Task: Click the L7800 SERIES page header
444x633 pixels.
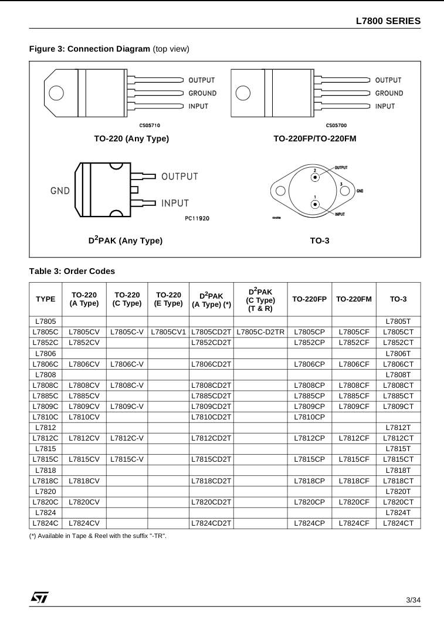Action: [388, 21]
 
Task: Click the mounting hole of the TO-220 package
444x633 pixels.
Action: [56, 93]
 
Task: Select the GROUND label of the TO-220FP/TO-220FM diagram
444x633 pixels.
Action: [389, 93]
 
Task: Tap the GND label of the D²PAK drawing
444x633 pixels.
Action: [60, 191]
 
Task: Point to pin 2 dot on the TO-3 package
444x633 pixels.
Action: [316, 177]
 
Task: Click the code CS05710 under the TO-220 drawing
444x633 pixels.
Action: [150, 125]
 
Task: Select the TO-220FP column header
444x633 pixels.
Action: [309, 299]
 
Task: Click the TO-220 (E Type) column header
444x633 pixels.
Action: [168, 299]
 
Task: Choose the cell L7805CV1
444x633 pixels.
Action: [168, 332]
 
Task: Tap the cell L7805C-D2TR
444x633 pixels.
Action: [260, 332]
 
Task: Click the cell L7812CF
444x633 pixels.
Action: [354, 438]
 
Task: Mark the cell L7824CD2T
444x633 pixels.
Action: [211, 522]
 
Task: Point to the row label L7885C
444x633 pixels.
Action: [46, 395]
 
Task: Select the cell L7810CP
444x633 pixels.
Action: [309, 417]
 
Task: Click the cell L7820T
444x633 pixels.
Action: [398, 490]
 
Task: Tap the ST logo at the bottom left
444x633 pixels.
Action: [40, 597]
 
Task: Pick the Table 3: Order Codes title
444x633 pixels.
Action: [72, 271]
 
